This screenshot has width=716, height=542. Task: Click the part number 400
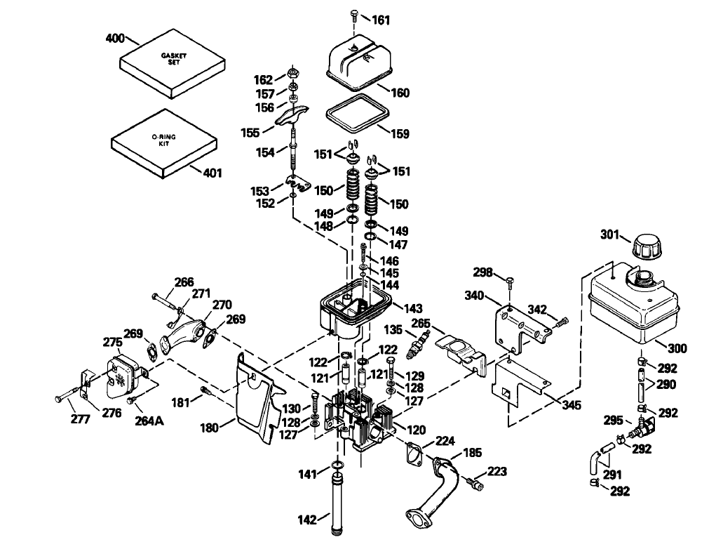pos(115,38)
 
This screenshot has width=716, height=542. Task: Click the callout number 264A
pos(149,421)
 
